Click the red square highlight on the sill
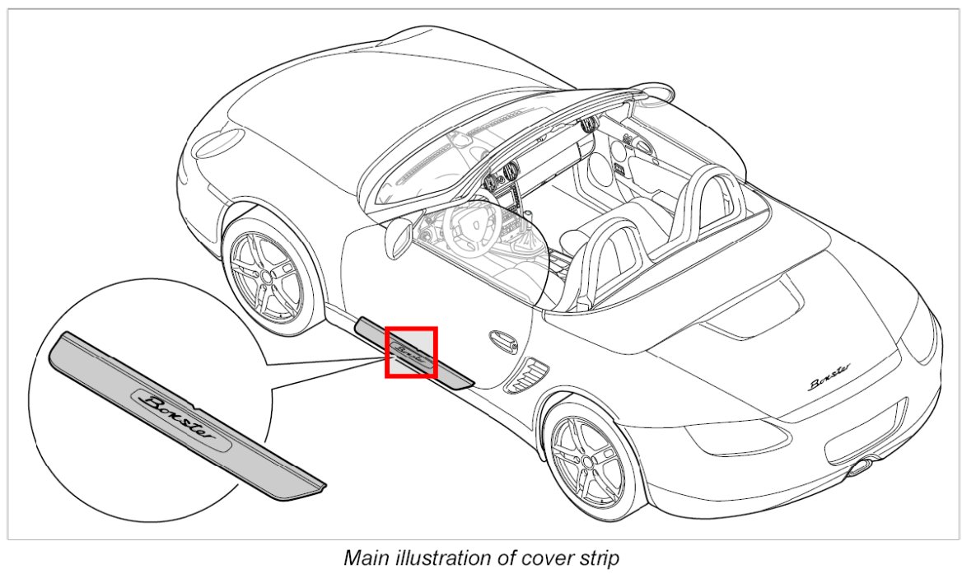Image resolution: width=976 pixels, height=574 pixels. [x=411, y=352]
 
